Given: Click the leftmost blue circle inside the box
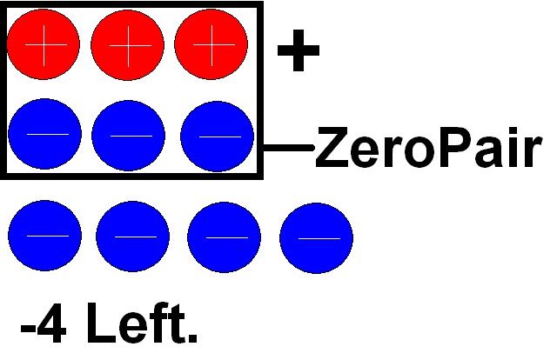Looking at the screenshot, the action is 44,135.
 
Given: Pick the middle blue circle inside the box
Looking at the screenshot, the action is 128,135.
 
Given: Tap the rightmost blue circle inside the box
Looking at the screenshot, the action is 217,136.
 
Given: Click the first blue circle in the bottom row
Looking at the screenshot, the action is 44,237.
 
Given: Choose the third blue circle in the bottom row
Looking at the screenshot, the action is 224,237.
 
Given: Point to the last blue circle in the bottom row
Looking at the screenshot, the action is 316,237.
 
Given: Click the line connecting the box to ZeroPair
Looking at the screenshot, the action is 287,148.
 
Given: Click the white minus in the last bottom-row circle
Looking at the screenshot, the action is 316,237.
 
